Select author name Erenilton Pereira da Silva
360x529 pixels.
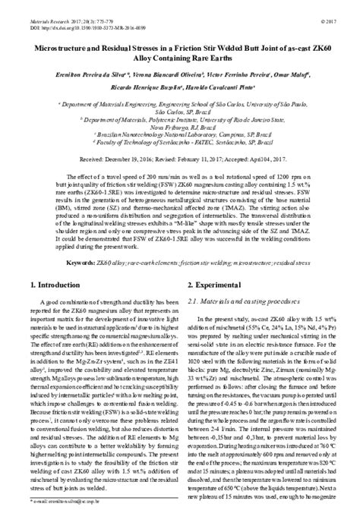click(x=79, y=74)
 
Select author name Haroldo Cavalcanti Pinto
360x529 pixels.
click(x=213, y=88)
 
